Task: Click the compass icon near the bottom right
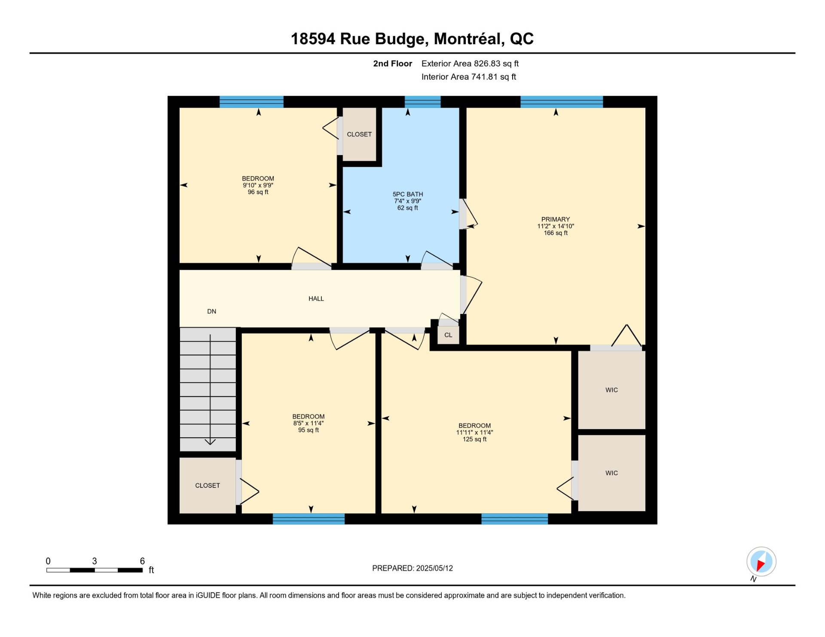point(761,561)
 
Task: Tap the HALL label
point(316,299)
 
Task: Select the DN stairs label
point(211,311)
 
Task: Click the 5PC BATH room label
point(408,194)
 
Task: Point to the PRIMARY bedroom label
point(556,219)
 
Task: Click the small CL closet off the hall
point(448,335)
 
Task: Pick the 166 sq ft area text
point(556,233)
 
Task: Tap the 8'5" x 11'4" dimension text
point(309,423)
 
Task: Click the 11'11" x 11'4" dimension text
point(474,433)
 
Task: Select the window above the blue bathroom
point(422,102)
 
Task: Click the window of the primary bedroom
point(562,102)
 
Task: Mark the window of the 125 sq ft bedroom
point(514,519)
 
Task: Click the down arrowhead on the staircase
point(210,442)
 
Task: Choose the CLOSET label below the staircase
point(208,485)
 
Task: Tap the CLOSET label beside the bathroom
point(359,134)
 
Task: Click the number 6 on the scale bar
point(142,561)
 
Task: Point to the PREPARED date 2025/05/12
point(434,568)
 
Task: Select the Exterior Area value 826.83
point(487,64)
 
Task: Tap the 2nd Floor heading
point(392,64)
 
